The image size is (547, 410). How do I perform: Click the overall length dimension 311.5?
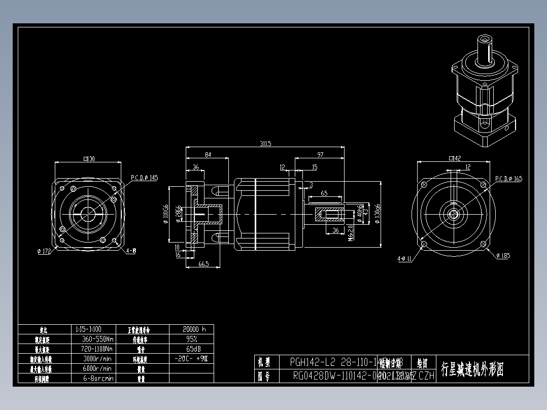(x=265, y=144)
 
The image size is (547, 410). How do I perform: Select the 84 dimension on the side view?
(x=208, y=154)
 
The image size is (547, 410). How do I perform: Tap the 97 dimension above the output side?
(x=320, y=154)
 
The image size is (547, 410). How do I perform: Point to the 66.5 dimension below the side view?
(x=203, y=264)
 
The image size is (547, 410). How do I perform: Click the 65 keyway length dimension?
(x=324, y=193)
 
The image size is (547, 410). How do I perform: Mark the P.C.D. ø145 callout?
(x=145, y=178)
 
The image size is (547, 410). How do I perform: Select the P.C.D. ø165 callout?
(x=508, y=179)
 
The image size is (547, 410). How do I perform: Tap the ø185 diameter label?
(x=503, y=256)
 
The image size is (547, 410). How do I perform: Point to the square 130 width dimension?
(x=89, y=159)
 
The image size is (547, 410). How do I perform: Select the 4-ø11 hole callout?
(x=405, y=259)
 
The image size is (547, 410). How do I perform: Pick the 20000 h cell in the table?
(x=191, y=329)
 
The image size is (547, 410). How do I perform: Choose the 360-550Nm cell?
(x=94, y=338)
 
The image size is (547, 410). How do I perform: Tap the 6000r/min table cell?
(x=94, y=368)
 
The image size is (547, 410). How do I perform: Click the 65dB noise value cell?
(x=191, y=349)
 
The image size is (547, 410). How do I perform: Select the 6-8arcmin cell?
(x=94, y=378)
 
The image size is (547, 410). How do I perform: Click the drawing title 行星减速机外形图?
(x=472, y=369)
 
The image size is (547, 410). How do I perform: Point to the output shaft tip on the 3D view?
(x=485, y=39)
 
